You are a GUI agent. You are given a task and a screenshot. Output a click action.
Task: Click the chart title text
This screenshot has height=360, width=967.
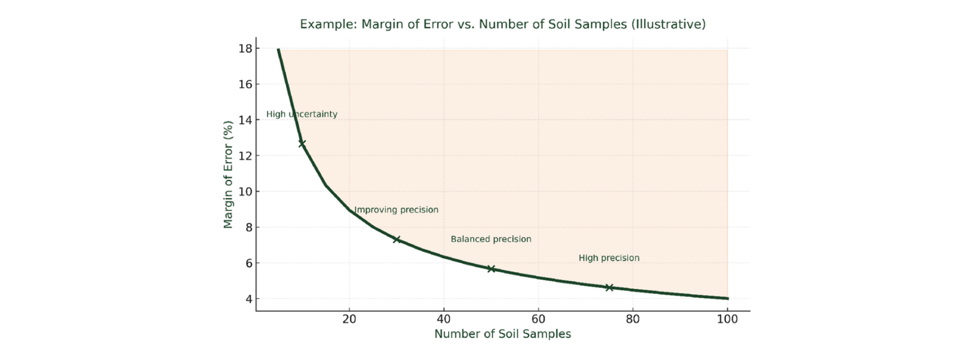(x=503, y=24)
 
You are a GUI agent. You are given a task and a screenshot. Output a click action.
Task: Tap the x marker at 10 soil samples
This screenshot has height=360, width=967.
(x=302, y=143)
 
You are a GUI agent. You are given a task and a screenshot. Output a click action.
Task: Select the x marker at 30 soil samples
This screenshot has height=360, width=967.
(x=397, y=239)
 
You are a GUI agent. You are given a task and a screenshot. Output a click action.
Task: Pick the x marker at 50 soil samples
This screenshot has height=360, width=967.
(x=491, y=269)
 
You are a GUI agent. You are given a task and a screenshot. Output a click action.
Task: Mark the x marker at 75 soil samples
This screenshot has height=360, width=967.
(x=609, y=287)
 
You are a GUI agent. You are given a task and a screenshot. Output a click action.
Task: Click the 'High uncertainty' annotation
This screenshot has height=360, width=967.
(x=302, y=114)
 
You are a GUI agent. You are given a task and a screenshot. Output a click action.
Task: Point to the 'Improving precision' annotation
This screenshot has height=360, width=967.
(x=396, y=210)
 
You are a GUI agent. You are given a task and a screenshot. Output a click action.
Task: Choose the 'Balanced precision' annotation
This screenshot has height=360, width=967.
(x=491, y=239)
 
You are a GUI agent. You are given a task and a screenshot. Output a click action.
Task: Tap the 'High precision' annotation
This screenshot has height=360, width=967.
(x=608, y=258)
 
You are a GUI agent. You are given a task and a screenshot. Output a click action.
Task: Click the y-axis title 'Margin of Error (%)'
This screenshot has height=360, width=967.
(x=228, y=174)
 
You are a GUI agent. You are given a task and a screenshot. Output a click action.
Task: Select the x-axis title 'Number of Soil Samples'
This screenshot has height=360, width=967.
(x=503, y=334)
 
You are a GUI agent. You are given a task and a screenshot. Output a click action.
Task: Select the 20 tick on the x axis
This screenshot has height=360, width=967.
(x=349, y=319)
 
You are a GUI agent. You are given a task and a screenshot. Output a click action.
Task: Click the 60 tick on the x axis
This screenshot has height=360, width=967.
(x=538, y=319)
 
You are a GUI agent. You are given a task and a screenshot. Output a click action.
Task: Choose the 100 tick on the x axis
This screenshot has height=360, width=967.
(x=727, y=319)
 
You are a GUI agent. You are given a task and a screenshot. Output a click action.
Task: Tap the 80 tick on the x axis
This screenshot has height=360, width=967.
(x=633, y=319)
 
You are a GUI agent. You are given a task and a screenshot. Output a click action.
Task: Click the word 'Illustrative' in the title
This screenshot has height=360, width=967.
(x=668, y=24)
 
